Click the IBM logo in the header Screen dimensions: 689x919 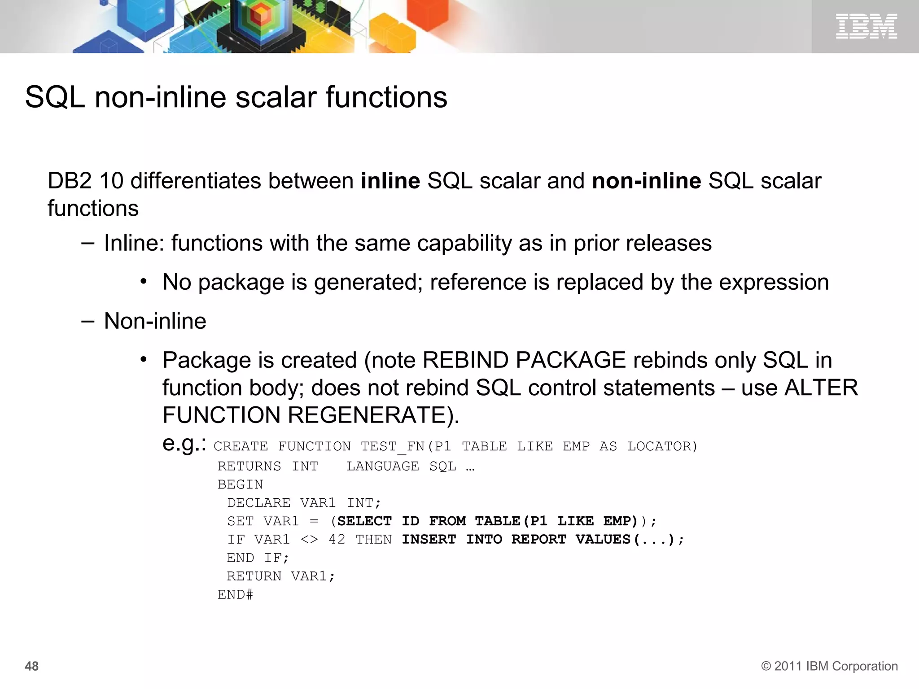[866, 26]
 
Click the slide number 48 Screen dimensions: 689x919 [31, 666]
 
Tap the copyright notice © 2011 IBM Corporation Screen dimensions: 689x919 [829, 666]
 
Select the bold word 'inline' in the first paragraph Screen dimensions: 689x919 [390, 181]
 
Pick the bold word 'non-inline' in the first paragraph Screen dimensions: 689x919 [646, 181]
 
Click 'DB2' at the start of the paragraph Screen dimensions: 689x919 [70, 181]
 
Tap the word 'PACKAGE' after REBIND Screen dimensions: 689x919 [571, 360]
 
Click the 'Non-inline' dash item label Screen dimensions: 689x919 [155, 321]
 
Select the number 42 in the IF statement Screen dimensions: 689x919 [337, 539]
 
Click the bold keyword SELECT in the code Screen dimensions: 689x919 [364, 521]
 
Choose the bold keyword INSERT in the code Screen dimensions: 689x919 [429, 539]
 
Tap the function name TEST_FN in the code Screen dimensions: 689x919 [393, 446]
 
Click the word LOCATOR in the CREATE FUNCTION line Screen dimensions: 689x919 [661, 446]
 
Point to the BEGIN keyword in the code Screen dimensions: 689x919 [240, 484]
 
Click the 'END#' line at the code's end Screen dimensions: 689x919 [235, 595]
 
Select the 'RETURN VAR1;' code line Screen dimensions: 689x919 [281, 576]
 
